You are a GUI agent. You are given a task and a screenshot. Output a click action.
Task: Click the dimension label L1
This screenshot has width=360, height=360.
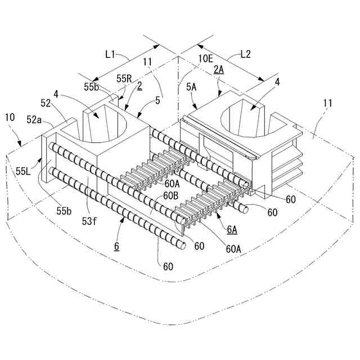110,55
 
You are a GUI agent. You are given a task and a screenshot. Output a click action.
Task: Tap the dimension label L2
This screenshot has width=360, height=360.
245,55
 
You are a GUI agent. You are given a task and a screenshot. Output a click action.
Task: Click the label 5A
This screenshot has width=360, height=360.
191,87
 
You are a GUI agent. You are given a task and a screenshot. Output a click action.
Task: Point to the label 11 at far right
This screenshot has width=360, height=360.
328,103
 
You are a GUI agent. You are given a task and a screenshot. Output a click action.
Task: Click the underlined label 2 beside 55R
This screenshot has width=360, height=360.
139,87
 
